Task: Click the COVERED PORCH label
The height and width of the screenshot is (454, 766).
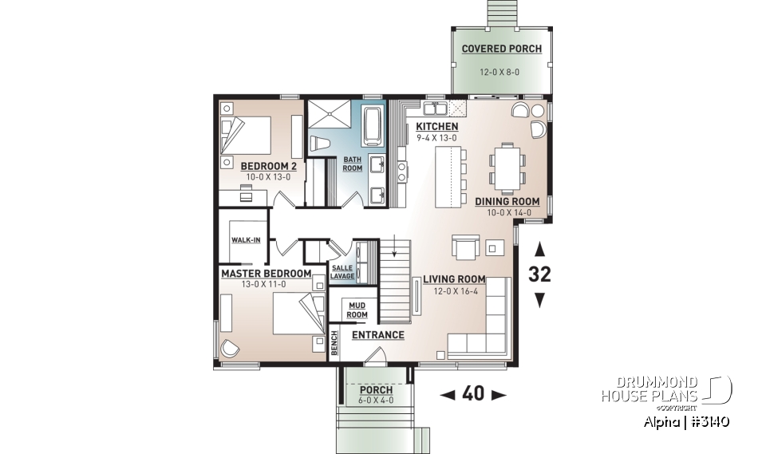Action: pyautogui.click(x=501, y=49)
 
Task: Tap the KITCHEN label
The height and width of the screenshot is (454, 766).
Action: pyautogui.click(x=436, y=127)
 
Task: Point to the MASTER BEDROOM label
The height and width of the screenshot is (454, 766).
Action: pyautogui.click(x=266, y=273)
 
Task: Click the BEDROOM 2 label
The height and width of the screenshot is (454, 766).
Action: pyautogui.click(x=269, y=166)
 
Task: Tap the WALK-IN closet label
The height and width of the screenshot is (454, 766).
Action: pyautogui.click(x=246, y=239)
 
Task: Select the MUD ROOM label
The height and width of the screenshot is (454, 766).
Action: pyautogui.click(x=357, y=310)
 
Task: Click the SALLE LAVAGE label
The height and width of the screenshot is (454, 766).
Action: pyautogui.click(x=342, y=271)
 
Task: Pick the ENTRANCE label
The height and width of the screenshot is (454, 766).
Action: pyautogui.click(x=377, y=335)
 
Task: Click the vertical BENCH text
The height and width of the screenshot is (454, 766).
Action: pyautogui.click(x=335, y=343)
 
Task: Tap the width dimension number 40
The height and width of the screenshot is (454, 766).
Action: pyautogui.click(x=473, y=394)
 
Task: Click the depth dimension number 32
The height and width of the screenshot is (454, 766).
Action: pyautogui.click(x=539, y=274)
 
